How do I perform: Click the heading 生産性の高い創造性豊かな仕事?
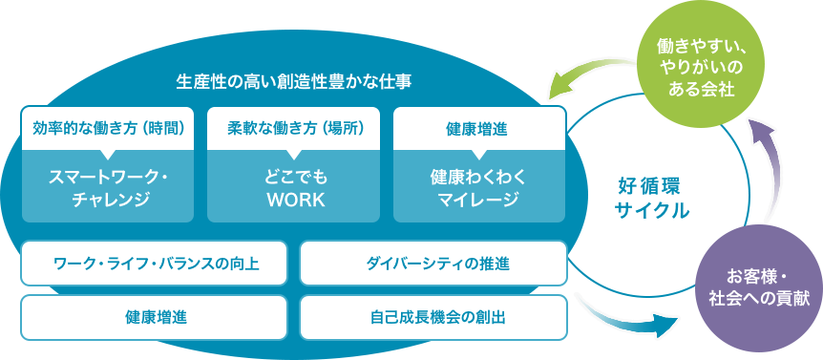[x=293, y=81]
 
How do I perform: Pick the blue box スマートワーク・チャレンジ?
[x=108, y=188]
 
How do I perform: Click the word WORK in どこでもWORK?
[x=294, y=201]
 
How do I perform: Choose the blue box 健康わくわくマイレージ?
[x=477, y=188]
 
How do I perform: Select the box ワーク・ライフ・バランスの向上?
[x=155, y=263]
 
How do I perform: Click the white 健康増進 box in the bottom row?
[x=155, y=315]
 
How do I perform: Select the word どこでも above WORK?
[x=294, y=178]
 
